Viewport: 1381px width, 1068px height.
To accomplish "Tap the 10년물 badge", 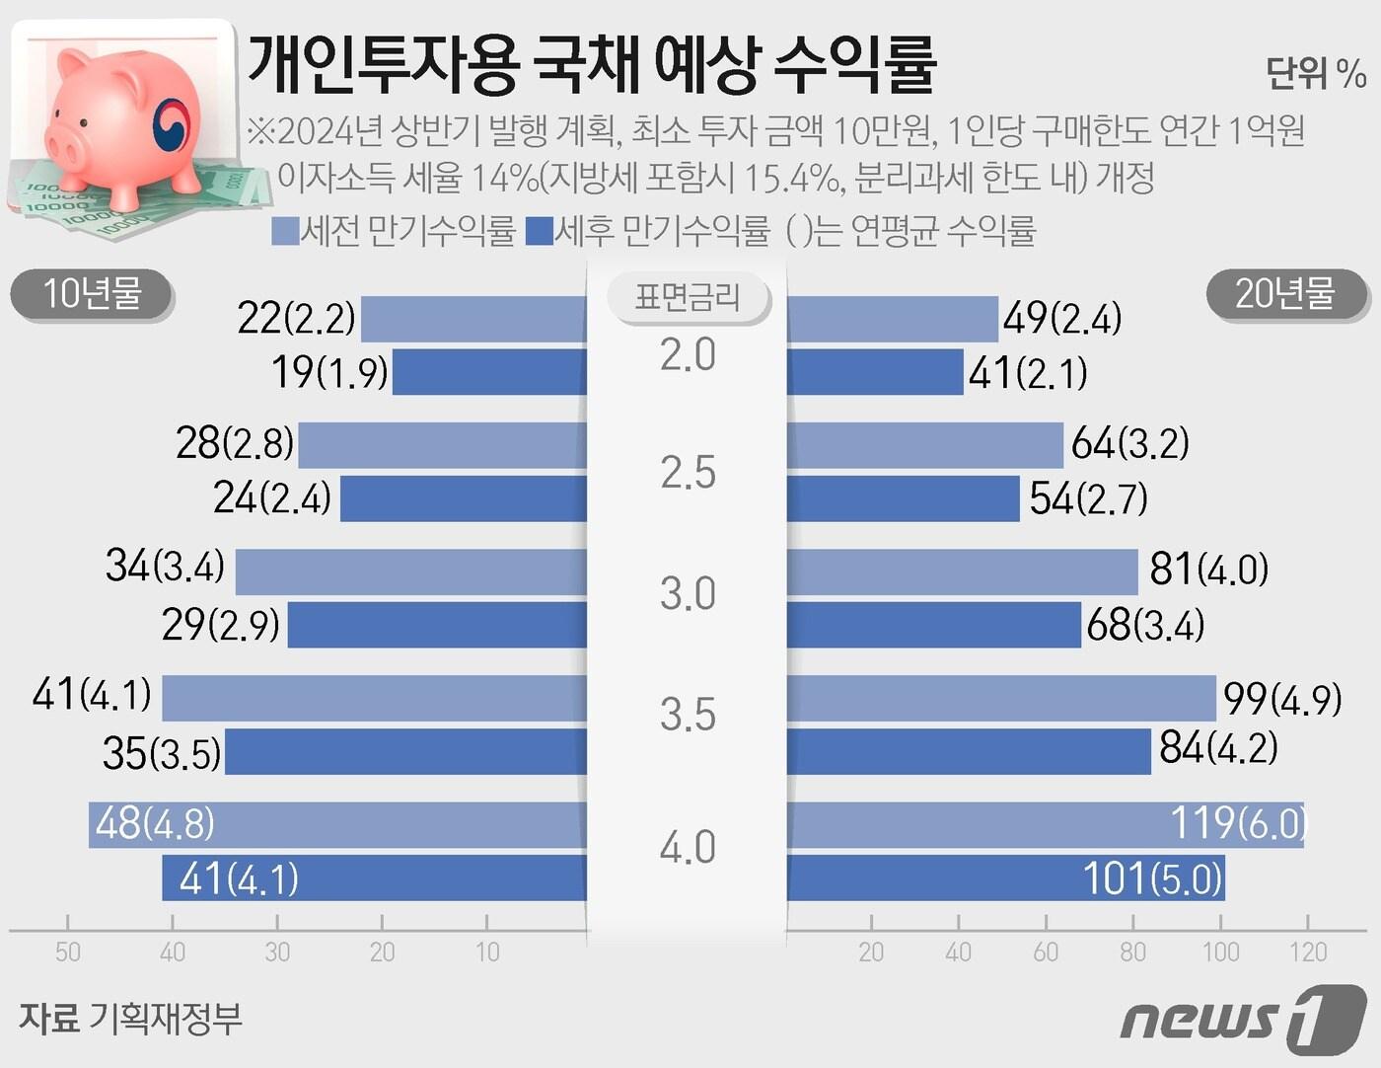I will tap(92, 294).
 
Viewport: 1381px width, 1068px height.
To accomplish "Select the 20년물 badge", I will tap(1284, 294).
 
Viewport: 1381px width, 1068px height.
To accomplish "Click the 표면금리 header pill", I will tap(687, 296).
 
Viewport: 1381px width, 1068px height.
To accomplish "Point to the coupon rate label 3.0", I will tap(688, 594).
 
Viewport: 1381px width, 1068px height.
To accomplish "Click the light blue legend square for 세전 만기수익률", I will tap(284, 232).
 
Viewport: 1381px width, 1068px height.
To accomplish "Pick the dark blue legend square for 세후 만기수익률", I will tap(540, 232).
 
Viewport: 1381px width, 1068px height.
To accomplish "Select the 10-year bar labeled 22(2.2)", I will tap(473, 319).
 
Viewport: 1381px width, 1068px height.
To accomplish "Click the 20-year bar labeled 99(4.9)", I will tap(1001, 698).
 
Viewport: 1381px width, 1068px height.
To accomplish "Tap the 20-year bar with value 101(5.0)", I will tap(1006, 877).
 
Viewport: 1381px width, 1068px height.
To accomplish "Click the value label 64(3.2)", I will tap(1129, 444).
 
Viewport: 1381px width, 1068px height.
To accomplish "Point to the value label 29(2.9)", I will tap(221, 625).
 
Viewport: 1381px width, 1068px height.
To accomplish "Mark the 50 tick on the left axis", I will tap(68, 952).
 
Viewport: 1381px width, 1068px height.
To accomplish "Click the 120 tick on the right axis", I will tap(1308, 952).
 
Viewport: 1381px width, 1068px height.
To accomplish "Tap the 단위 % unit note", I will tap(1315, 73).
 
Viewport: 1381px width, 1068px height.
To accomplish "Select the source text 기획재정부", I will tap(165, 1018).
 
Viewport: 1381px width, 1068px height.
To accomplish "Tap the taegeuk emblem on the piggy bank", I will tap(176, 126).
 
